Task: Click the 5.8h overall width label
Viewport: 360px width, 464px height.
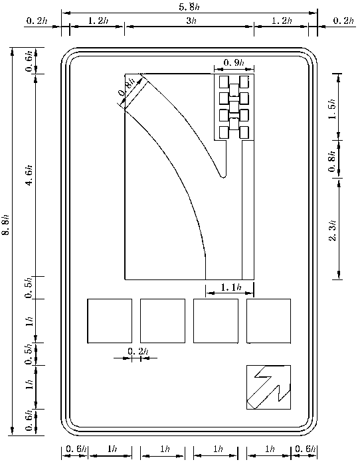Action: pyautogui.click(x=189, y=7)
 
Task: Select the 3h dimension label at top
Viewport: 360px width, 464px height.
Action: pyautogui.click(x=191, y=21)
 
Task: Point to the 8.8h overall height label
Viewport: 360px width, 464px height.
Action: pyautogui.click(x=7, y=224)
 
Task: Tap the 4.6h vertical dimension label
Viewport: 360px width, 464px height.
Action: pyautogui.click(x=30, y=175)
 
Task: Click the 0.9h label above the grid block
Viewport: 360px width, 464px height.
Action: pyautogui.click(x=234, y=62)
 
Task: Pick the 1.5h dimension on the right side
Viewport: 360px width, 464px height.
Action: pyautogui.click(x=333, y=109)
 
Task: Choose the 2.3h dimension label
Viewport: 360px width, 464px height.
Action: pyautogui.click(x=333, y=230)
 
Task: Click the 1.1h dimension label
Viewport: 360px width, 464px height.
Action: pyautogui.click(x=231, y=287)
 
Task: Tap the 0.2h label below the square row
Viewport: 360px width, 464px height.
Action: pyautogui.click(x=138, y=351)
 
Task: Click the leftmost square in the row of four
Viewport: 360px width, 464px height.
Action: pyautogui.click(x=110, y=321)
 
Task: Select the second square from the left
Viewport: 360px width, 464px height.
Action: pyautogui.click(x=163, y=321)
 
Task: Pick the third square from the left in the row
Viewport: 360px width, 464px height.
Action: pyautogui.click(x=216, y=321)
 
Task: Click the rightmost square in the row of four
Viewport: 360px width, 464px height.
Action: pyautogui.click(x=268, y=321)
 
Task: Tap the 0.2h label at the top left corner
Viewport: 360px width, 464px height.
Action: pyautogui.click(x=37, y=21)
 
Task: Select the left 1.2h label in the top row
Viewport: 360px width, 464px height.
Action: pyautogui.click(x=98, y=21)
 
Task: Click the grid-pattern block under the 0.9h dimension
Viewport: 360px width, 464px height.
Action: pyautogui.click(x=234, y=107)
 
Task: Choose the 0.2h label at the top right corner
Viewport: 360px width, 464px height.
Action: pyautogui.click(x=343, y=21)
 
